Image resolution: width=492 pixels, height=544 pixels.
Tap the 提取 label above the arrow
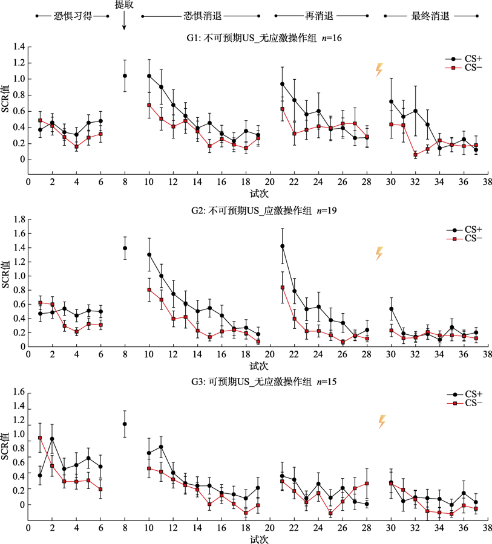[x=125, y=4]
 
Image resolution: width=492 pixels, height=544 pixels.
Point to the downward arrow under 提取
[x=125, y=21]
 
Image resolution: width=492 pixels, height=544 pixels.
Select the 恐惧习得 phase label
[x=73, y=16]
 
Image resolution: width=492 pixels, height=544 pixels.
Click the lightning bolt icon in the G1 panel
[x=379, y=70]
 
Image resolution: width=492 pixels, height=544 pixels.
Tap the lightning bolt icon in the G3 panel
[x=382, y=422]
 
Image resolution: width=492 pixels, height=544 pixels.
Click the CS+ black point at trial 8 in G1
[x=125, y=76]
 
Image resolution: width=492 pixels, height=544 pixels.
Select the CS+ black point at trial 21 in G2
[x=283, y=246]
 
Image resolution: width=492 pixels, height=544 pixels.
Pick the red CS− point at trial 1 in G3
[x=40, y=438]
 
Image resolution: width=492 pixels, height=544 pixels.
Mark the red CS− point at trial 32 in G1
[x=416, y=155]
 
